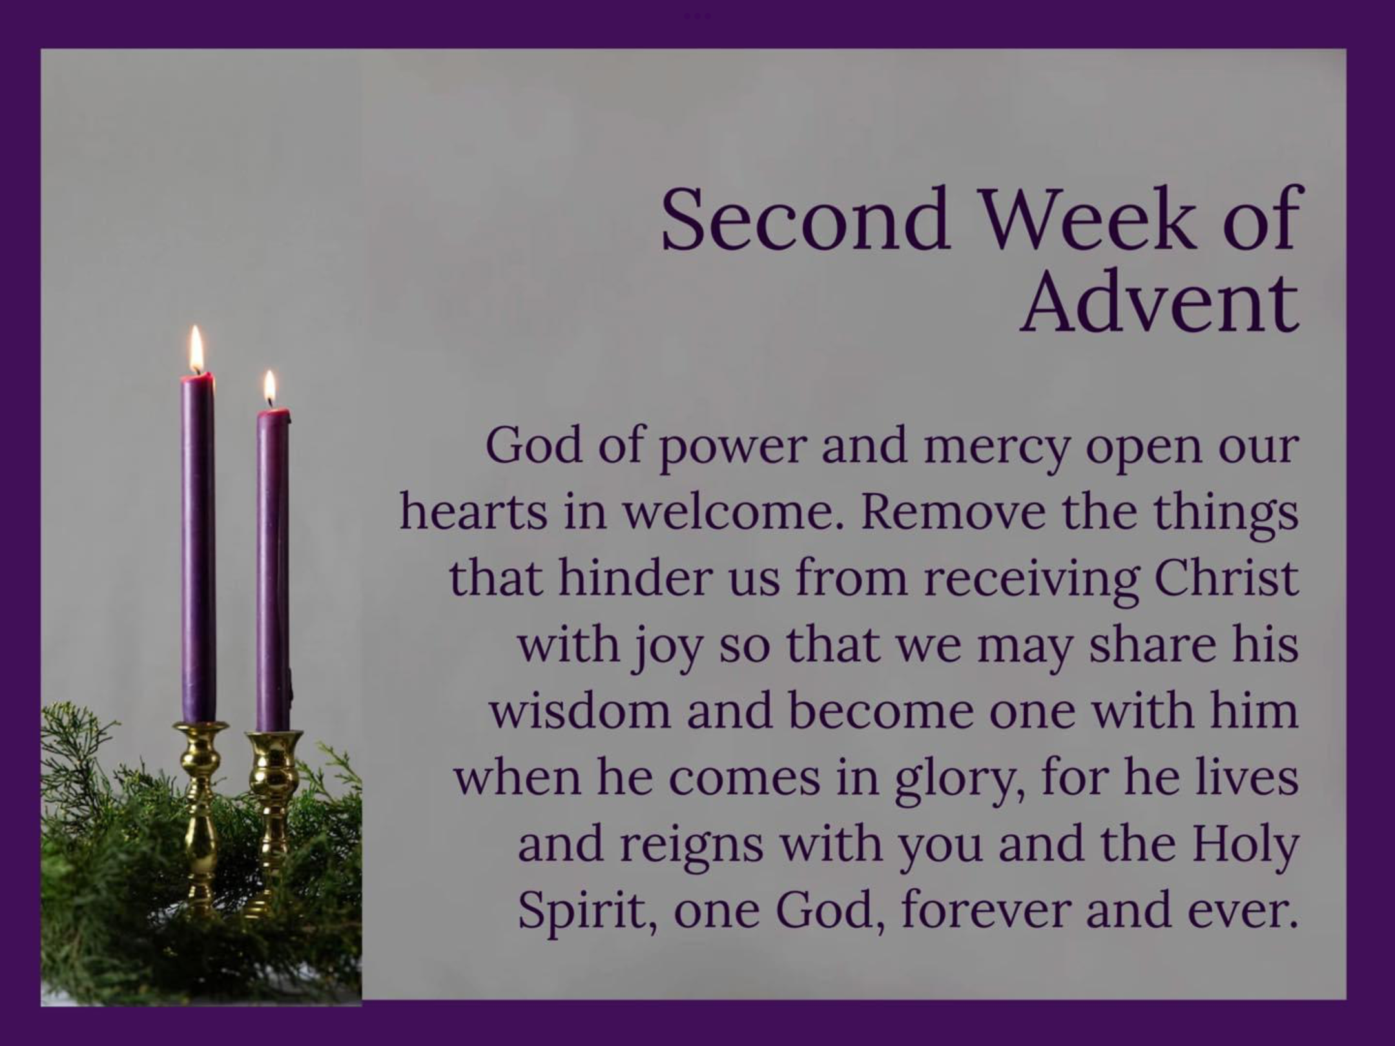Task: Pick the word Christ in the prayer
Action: [x=1226, y=579]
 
